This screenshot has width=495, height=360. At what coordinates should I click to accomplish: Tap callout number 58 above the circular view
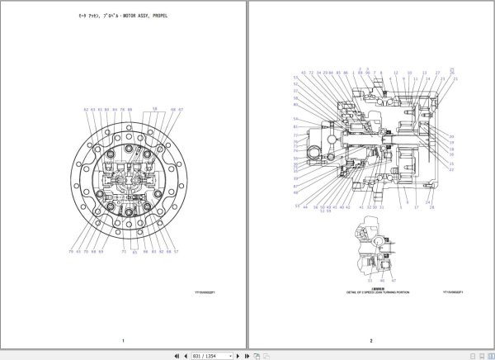154,108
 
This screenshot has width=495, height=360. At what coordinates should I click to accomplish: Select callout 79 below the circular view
71,251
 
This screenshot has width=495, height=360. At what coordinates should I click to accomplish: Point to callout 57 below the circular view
177,251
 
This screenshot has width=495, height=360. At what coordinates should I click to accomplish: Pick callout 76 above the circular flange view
121,109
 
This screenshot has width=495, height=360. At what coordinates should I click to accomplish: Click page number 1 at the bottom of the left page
123,341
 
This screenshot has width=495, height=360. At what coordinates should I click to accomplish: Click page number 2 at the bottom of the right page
370,341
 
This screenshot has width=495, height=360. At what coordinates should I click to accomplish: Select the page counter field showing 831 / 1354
204,355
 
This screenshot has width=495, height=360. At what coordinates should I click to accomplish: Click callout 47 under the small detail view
393,281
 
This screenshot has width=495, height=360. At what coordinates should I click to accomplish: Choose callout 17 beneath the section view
416,207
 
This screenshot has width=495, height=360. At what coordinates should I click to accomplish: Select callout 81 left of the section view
295,126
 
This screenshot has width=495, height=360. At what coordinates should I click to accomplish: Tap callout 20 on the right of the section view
451,136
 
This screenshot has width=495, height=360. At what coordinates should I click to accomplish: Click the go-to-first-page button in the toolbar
177,355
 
